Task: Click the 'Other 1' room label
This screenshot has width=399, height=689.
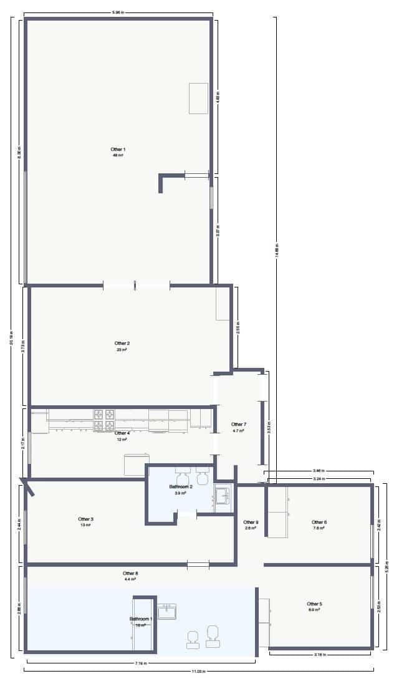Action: tap(118, 149)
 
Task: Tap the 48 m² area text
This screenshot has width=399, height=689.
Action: tap(118, 155)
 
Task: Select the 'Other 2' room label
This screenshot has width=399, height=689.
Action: tap(122, 343)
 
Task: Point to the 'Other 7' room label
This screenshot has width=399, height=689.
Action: tap(239, 424)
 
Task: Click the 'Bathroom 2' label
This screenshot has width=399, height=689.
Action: tap(181, 486)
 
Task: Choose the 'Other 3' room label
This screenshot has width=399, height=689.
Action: tap(85, 519)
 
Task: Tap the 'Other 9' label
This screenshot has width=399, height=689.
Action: tap(251, 522)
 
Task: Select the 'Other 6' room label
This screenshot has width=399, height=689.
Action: tap(319, 522)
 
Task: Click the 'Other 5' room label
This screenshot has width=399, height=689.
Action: tap(314, 604)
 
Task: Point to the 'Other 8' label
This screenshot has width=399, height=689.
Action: tap(130, 573)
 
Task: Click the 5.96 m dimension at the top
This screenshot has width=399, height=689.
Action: tap(117, 12)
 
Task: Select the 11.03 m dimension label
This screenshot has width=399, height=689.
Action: tap(198, 671)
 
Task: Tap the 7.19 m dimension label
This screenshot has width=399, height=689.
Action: tap(140, 663)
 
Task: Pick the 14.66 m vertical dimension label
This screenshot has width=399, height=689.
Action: tap(276, 249)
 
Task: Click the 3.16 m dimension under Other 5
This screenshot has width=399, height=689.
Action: tap(321, 655)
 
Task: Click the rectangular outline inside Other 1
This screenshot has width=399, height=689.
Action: tap(198, 98)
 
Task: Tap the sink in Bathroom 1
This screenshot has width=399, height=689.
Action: tap(166, 612)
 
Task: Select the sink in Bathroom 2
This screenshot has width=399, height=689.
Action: tap(221, 496)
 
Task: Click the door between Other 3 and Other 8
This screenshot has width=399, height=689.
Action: tap(198, 565)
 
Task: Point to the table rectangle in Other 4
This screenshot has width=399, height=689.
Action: tap(135, 463)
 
